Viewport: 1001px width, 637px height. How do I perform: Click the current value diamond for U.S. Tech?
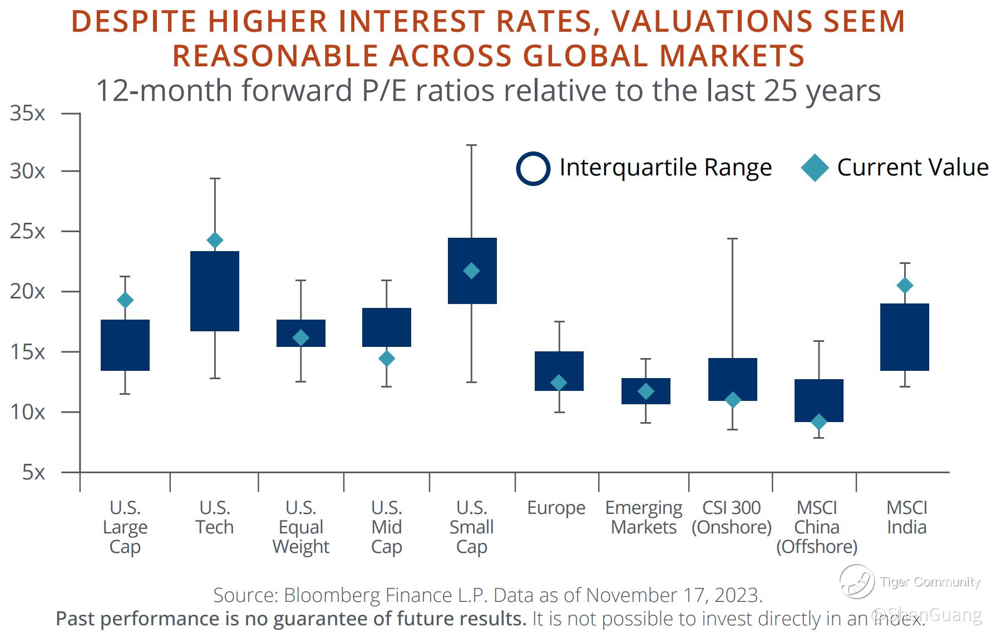point(215,241)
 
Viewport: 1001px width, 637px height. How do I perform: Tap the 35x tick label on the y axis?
point(27,114)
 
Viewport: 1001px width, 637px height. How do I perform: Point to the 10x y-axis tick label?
point(27,413)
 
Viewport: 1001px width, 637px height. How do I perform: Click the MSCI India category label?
point(906,517)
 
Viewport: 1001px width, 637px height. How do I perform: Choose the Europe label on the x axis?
point(556,508)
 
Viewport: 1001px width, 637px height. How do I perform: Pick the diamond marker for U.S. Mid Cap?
point(387,359)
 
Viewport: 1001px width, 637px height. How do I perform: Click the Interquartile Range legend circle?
point(533,168)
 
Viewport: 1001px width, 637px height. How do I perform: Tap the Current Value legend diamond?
point(815,168)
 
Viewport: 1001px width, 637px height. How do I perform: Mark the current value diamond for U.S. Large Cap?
point(125,301)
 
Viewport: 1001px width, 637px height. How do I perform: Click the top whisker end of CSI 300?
point(733,239)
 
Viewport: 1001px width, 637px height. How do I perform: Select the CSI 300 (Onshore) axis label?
point(732,517)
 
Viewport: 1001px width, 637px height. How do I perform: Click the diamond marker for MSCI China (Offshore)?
point(818,422)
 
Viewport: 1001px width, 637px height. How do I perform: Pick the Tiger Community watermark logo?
point(856,581)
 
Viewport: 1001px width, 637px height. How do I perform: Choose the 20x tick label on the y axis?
point(27,291)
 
